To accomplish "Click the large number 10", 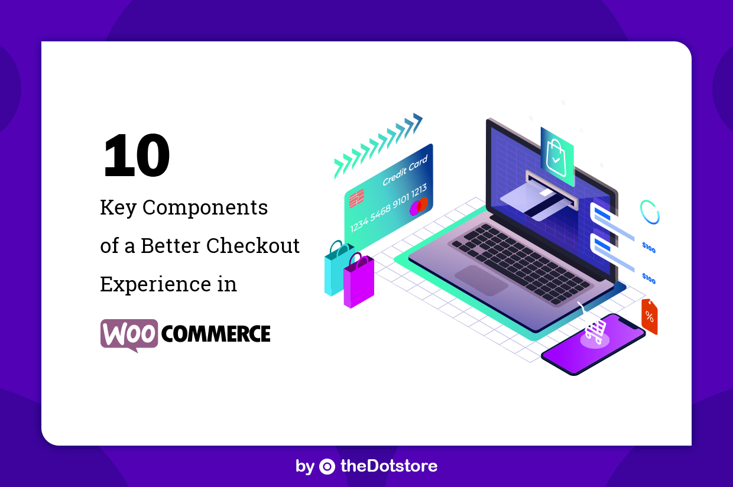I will pos(137,156).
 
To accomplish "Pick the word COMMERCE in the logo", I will pos(216,334).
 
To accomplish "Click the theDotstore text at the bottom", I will pos(388,466).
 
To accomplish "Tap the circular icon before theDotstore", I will pos(327,466).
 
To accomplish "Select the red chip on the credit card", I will pos(356,198).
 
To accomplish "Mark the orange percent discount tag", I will pos(649,316).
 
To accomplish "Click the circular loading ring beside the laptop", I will pos(650,212).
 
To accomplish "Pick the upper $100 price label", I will pos(648,248).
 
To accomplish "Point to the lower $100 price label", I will pos(648,278).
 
